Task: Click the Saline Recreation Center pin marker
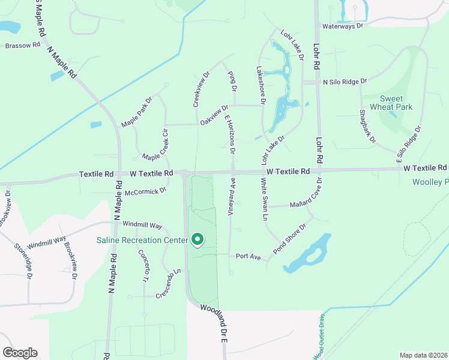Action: pos(197,241)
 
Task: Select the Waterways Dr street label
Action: pos(343,26)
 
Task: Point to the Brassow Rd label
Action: pos(23,45)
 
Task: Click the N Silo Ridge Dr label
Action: pos(345,80)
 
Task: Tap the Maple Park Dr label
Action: pos(137,112)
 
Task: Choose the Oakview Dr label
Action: pos(214,116)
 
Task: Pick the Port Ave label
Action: pos(248,256)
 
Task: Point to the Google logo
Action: pos(20,352)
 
